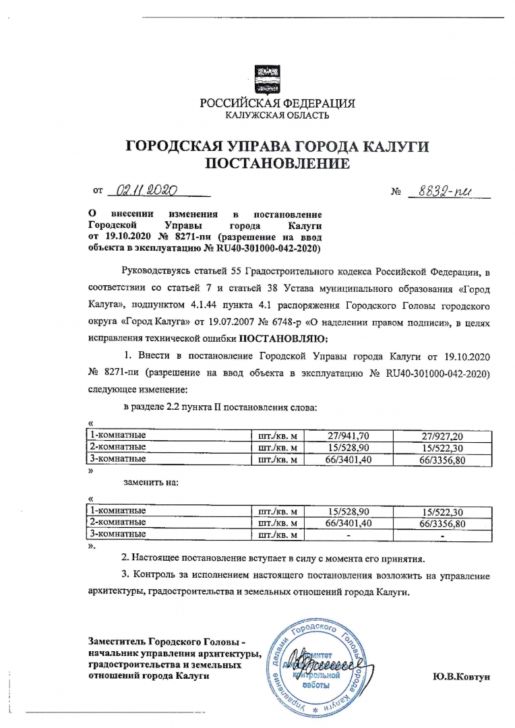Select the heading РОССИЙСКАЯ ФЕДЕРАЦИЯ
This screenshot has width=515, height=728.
276,103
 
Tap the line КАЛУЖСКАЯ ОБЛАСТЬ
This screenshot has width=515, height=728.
276,115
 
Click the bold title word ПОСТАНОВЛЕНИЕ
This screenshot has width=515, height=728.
276,164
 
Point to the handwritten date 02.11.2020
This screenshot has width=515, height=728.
145,191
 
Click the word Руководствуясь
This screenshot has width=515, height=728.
156,272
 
